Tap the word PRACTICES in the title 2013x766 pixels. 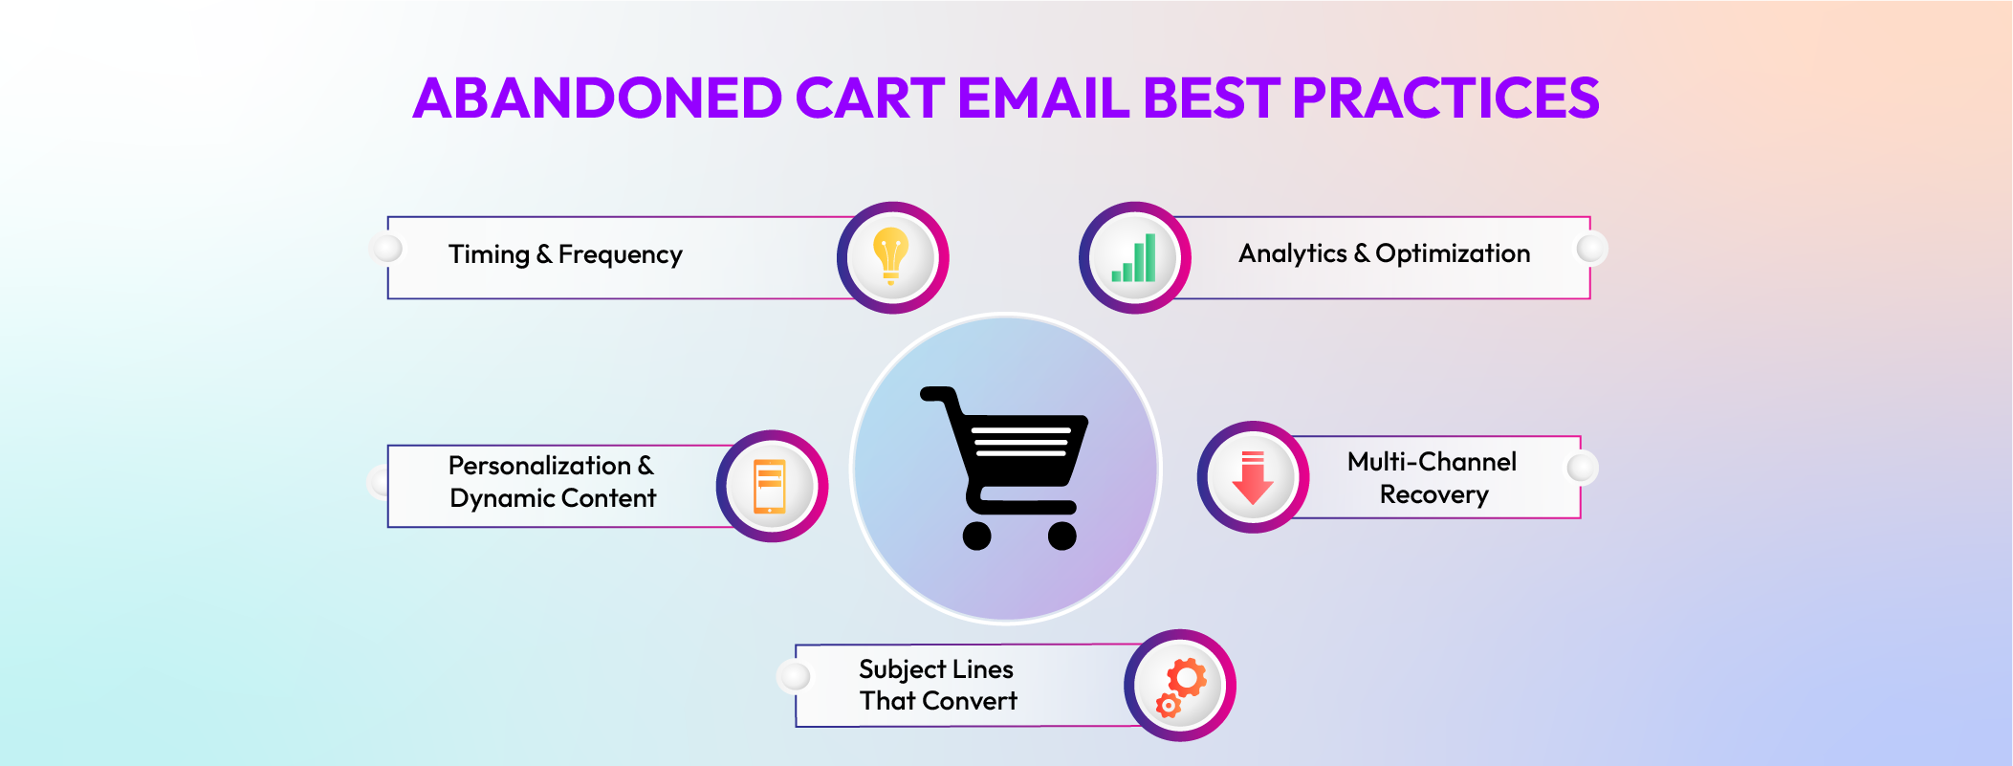point(1445,98)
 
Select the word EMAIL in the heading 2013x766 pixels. point(1043,98)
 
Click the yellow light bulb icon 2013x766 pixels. point(891,256)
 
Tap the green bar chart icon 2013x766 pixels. point(1134,258)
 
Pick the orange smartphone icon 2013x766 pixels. point(770,486)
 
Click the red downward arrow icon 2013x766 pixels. point(1253,477)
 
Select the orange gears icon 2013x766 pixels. point(1181,686)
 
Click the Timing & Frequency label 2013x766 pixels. point(565,254)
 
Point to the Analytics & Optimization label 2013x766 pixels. point(1384,253)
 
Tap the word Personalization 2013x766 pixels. point(539,466)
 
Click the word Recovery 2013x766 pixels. point(1433,494)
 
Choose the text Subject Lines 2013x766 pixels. point(935,669)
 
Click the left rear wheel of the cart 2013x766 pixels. point(976,536)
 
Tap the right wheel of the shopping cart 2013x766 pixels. point(1061,536)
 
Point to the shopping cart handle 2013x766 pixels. point(937,393)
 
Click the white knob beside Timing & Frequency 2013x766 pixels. point(387,249)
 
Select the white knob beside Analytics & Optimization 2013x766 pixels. point(1591,249)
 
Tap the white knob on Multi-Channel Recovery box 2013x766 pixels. point(1582,468)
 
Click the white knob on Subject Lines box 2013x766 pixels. point(795,677)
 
